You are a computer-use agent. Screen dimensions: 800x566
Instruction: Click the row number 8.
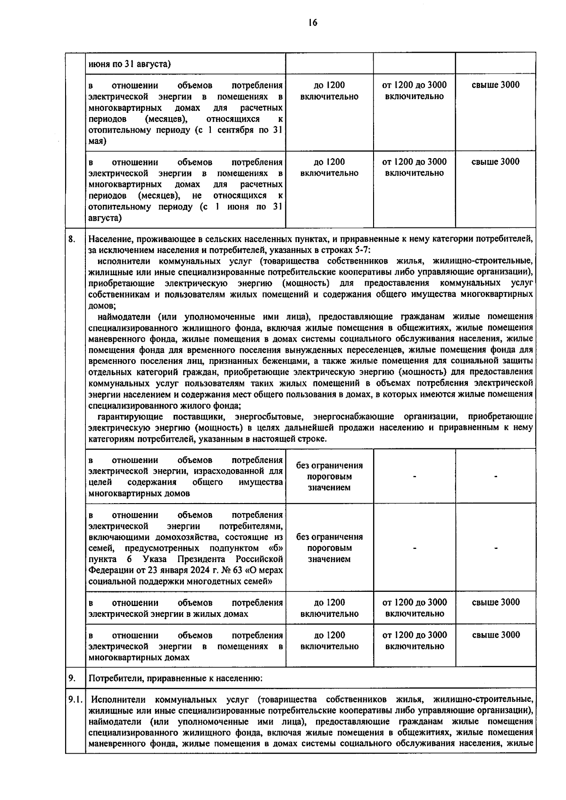[x=71, y=239]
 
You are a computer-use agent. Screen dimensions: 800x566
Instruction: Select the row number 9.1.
[x=75, y=699]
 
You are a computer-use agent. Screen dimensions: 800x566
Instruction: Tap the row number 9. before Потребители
[x=71, y=678]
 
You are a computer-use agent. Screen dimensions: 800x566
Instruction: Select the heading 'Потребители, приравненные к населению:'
[x=175, y=679]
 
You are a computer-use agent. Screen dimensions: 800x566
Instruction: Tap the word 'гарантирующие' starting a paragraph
[x=130, y=416]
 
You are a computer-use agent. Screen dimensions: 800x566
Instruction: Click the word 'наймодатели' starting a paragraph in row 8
[x=125, y=316]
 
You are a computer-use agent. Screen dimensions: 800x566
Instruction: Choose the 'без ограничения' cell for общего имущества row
[x=329, y=476]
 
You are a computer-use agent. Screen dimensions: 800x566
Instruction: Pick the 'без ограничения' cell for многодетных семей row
[x=329, y=548]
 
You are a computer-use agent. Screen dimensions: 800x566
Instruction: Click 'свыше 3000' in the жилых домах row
[x=496, y=602]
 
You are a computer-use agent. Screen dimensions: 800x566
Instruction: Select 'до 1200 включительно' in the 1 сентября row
[x=329, y=91]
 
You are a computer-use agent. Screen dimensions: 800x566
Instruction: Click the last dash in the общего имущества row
[x=496, y=477]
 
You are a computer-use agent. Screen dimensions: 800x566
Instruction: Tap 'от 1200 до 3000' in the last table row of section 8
[x=414, y=635]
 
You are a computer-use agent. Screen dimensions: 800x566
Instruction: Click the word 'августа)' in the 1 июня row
[x=105, y=218]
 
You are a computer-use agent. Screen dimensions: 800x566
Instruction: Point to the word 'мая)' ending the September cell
[x=98, y=141]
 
